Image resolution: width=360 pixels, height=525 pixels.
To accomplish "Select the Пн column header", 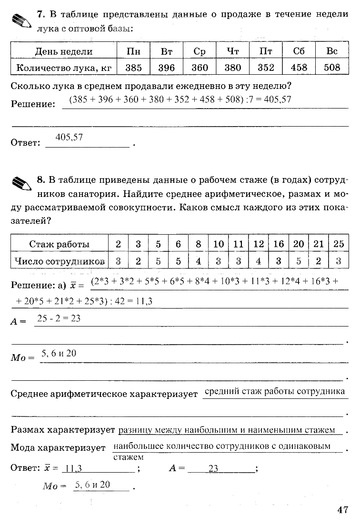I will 134,51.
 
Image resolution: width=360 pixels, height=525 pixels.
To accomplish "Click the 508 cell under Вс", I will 332,67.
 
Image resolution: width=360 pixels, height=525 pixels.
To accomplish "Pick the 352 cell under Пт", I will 266,67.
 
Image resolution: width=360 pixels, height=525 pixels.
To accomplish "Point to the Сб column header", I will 299,51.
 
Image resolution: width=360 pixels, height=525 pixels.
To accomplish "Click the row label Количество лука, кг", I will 64,67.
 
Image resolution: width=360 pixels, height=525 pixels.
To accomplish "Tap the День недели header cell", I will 64,51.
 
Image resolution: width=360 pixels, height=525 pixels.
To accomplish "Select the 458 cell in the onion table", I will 299,67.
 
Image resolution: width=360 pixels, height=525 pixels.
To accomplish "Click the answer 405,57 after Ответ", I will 70,137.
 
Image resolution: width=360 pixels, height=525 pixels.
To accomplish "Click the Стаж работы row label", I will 59,244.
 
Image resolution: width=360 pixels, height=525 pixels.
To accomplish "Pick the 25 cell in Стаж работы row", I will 339,244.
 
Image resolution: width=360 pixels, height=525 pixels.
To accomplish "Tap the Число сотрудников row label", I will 59,261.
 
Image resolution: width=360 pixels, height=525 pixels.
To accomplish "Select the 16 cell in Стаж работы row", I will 279,244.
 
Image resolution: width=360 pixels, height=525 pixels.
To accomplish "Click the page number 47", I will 343,510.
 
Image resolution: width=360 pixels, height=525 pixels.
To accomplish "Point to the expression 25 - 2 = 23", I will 59,318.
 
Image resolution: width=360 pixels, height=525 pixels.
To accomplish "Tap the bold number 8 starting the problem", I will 40,179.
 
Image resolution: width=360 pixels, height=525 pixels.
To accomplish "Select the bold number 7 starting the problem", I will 40,14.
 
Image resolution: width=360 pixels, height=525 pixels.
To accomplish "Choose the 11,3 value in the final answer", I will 74,468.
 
